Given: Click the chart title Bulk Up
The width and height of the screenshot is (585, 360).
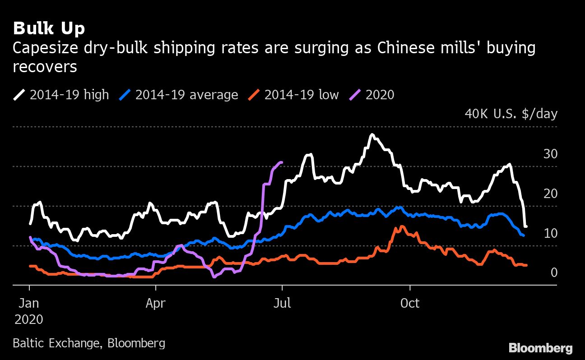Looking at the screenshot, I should click(x=49, y=29).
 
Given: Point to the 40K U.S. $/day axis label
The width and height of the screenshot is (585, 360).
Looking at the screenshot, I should click(x=511, y=114).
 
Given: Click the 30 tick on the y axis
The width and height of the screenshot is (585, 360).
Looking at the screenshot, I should click(x=551, y=154).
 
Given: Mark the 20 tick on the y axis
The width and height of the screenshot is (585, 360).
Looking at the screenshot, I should click(x=551, y=194).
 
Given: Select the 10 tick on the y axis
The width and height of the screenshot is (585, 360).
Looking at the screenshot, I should click(x=551, y=233).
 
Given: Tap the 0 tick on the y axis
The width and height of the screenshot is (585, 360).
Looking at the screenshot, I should click(x=554, y=272).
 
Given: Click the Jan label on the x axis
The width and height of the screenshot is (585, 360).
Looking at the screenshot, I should click(x=29, y=303).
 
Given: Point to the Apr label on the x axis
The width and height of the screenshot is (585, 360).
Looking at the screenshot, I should click(x=156, y=303).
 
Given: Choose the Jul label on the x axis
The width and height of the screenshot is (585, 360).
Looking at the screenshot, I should click(x=282, y=303).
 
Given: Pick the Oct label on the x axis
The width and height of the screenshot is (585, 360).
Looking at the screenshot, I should click(x=409, y=303).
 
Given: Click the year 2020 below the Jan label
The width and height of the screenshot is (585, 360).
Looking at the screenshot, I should click(x=29, y=319).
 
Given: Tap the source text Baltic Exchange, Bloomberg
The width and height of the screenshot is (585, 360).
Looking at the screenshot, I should click(x=89, y=343).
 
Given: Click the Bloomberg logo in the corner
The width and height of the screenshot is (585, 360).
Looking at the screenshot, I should click(x=540, y=348).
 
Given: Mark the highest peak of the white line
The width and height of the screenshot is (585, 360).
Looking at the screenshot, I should click(x=371, y=134).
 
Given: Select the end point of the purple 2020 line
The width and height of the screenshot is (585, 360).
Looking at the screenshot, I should click(x=282, y=162).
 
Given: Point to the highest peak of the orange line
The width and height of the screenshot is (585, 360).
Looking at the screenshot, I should click(x=401, y=226).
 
